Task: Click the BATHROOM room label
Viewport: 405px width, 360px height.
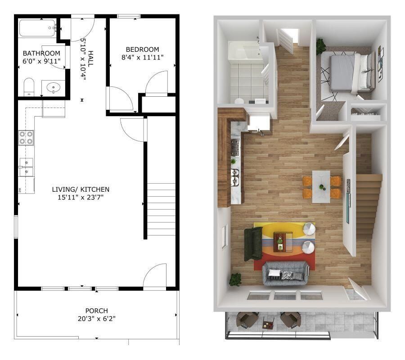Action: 41,53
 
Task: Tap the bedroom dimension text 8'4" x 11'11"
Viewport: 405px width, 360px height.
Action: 142,57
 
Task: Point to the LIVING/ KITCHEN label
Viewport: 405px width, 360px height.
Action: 81,189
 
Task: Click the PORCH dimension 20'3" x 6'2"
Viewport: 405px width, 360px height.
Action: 96,318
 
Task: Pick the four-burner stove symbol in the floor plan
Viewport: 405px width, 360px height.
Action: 26,137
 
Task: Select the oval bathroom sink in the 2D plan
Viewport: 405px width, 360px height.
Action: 54,87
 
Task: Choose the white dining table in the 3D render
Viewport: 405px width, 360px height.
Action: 322,184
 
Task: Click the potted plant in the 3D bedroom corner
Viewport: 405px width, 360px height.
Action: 321,45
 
